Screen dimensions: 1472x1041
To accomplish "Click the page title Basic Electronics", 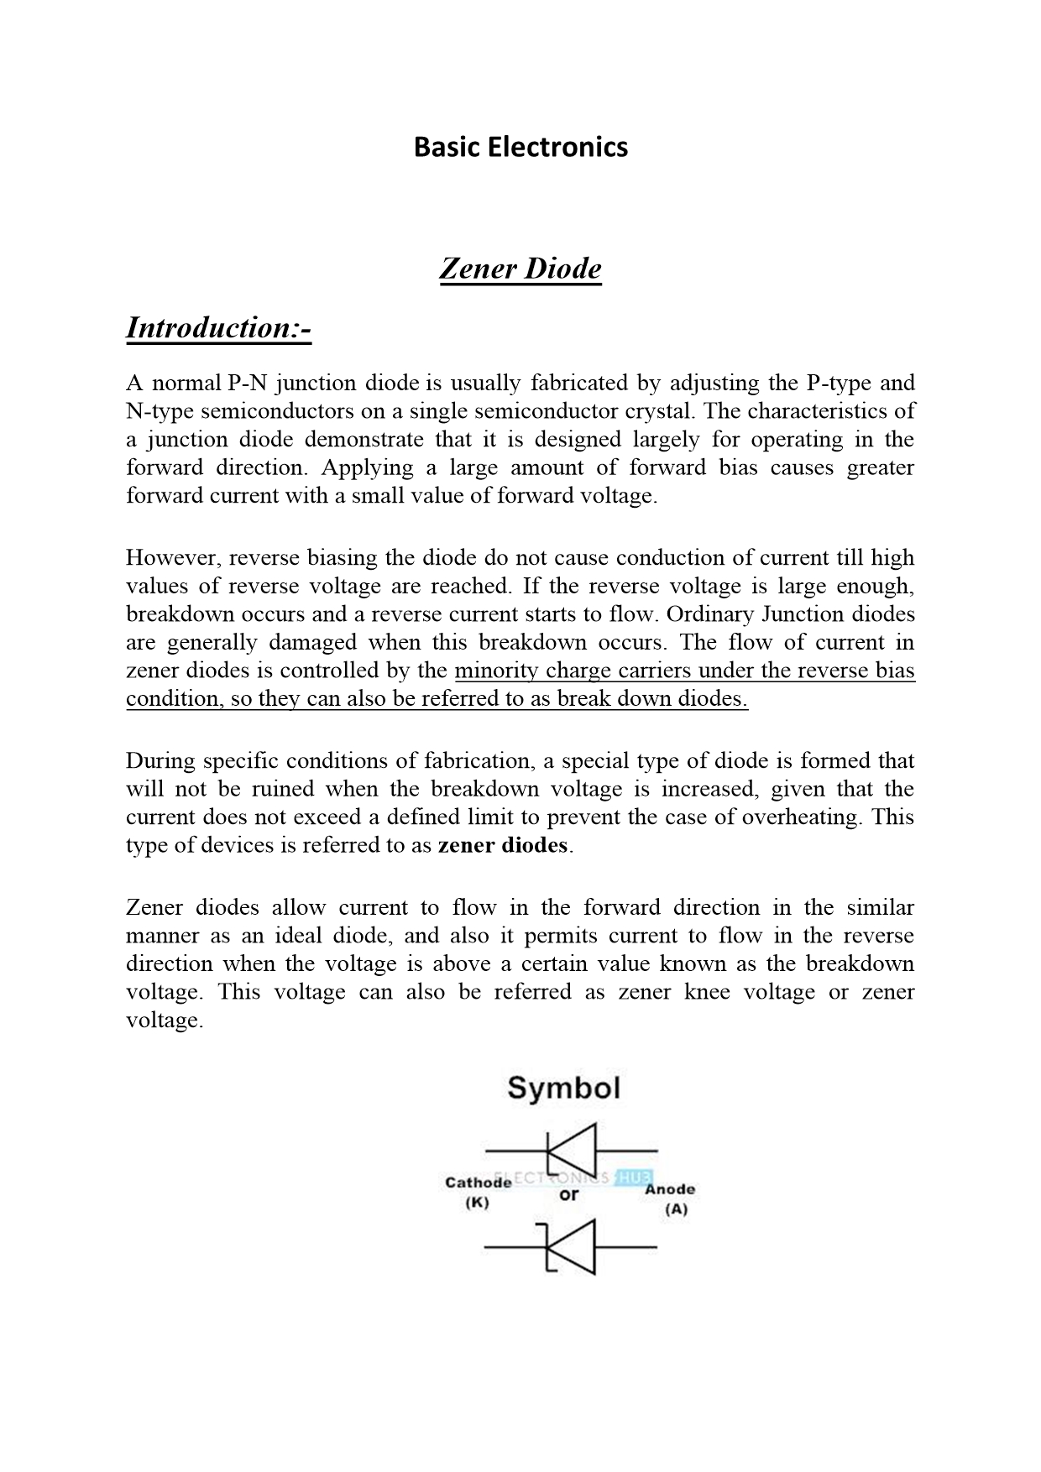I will click(520, 148).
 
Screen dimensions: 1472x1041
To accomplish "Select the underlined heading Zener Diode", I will click(520, 269).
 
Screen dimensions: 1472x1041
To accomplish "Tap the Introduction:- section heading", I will click(218, 327).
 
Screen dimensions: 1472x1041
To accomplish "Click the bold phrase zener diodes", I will click(503, 845).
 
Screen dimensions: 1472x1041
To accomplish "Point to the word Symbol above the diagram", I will click(563, 1088).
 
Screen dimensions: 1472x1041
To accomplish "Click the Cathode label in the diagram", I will click(478, 1182).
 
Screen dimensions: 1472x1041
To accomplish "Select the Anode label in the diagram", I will click(669, 1189).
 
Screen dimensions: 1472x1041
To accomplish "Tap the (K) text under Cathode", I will click(477, 1202).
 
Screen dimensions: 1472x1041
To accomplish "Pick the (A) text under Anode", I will click(676, 1209).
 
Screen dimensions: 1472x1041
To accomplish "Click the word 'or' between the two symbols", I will click(568, 1194).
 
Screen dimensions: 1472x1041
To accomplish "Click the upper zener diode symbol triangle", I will click(573, 1150).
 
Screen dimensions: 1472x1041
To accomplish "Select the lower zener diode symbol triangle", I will click(573, 1247).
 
